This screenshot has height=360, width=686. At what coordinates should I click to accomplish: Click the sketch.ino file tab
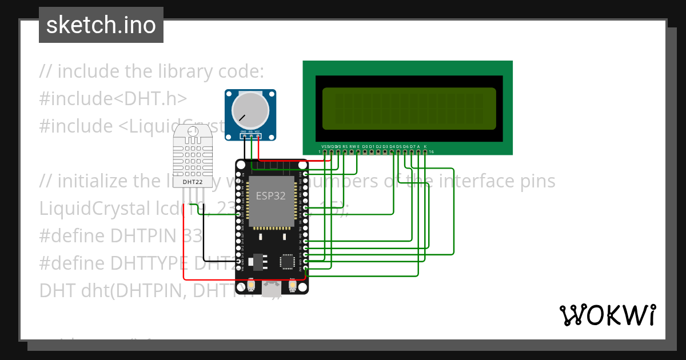(x=101, y=25)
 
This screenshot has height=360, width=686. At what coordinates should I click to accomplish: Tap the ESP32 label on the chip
(x=270, y=196)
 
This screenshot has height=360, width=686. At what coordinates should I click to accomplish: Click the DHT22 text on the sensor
(x=192, y=182)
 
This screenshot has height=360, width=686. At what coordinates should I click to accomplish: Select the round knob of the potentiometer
(x=249, y=110)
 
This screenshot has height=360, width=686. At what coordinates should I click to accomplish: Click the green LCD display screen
(x=409, y=109)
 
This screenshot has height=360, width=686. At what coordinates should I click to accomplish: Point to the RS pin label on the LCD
(x=345, y=147)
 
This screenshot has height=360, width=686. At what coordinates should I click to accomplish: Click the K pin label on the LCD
(x=425, y=147)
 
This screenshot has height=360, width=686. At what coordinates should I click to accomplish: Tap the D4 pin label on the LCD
(x=392, y=147)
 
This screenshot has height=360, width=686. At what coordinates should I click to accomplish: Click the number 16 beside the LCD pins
(x=432, y=152)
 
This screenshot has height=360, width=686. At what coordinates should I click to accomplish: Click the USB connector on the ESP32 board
(x=272, y=289)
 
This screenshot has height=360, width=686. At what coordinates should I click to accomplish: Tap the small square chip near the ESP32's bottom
(x=287, y=261)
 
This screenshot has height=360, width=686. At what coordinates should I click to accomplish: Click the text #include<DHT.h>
(x=113, y=99)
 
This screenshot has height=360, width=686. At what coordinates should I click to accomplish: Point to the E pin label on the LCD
(x=358, y=147)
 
